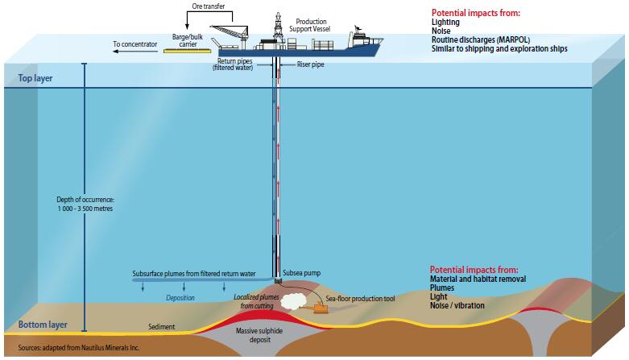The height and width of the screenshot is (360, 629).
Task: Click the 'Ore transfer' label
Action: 207,6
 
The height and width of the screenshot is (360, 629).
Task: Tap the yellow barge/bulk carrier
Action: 186,51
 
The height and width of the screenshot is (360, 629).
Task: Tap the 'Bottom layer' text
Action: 39,325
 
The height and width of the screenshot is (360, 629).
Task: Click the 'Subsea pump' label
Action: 302,273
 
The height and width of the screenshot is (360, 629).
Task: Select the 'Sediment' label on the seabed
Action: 162,328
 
